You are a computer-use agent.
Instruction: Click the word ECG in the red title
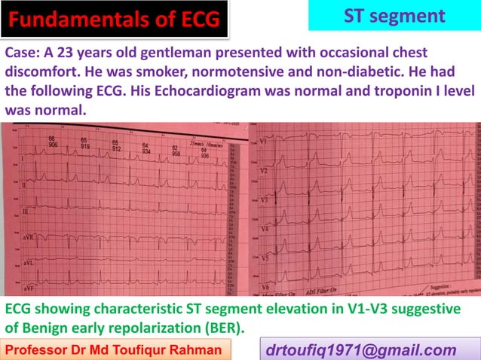(195, 20)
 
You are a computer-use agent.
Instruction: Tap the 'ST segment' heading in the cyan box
(394, 15)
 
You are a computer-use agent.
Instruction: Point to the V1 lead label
(263, 143)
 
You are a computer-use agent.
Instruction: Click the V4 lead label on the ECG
(264, 227)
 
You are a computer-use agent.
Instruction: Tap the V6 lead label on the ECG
(265, 288)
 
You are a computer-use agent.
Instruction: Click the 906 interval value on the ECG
(53, 145)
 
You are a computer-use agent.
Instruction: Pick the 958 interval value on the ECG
(176, 153)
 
